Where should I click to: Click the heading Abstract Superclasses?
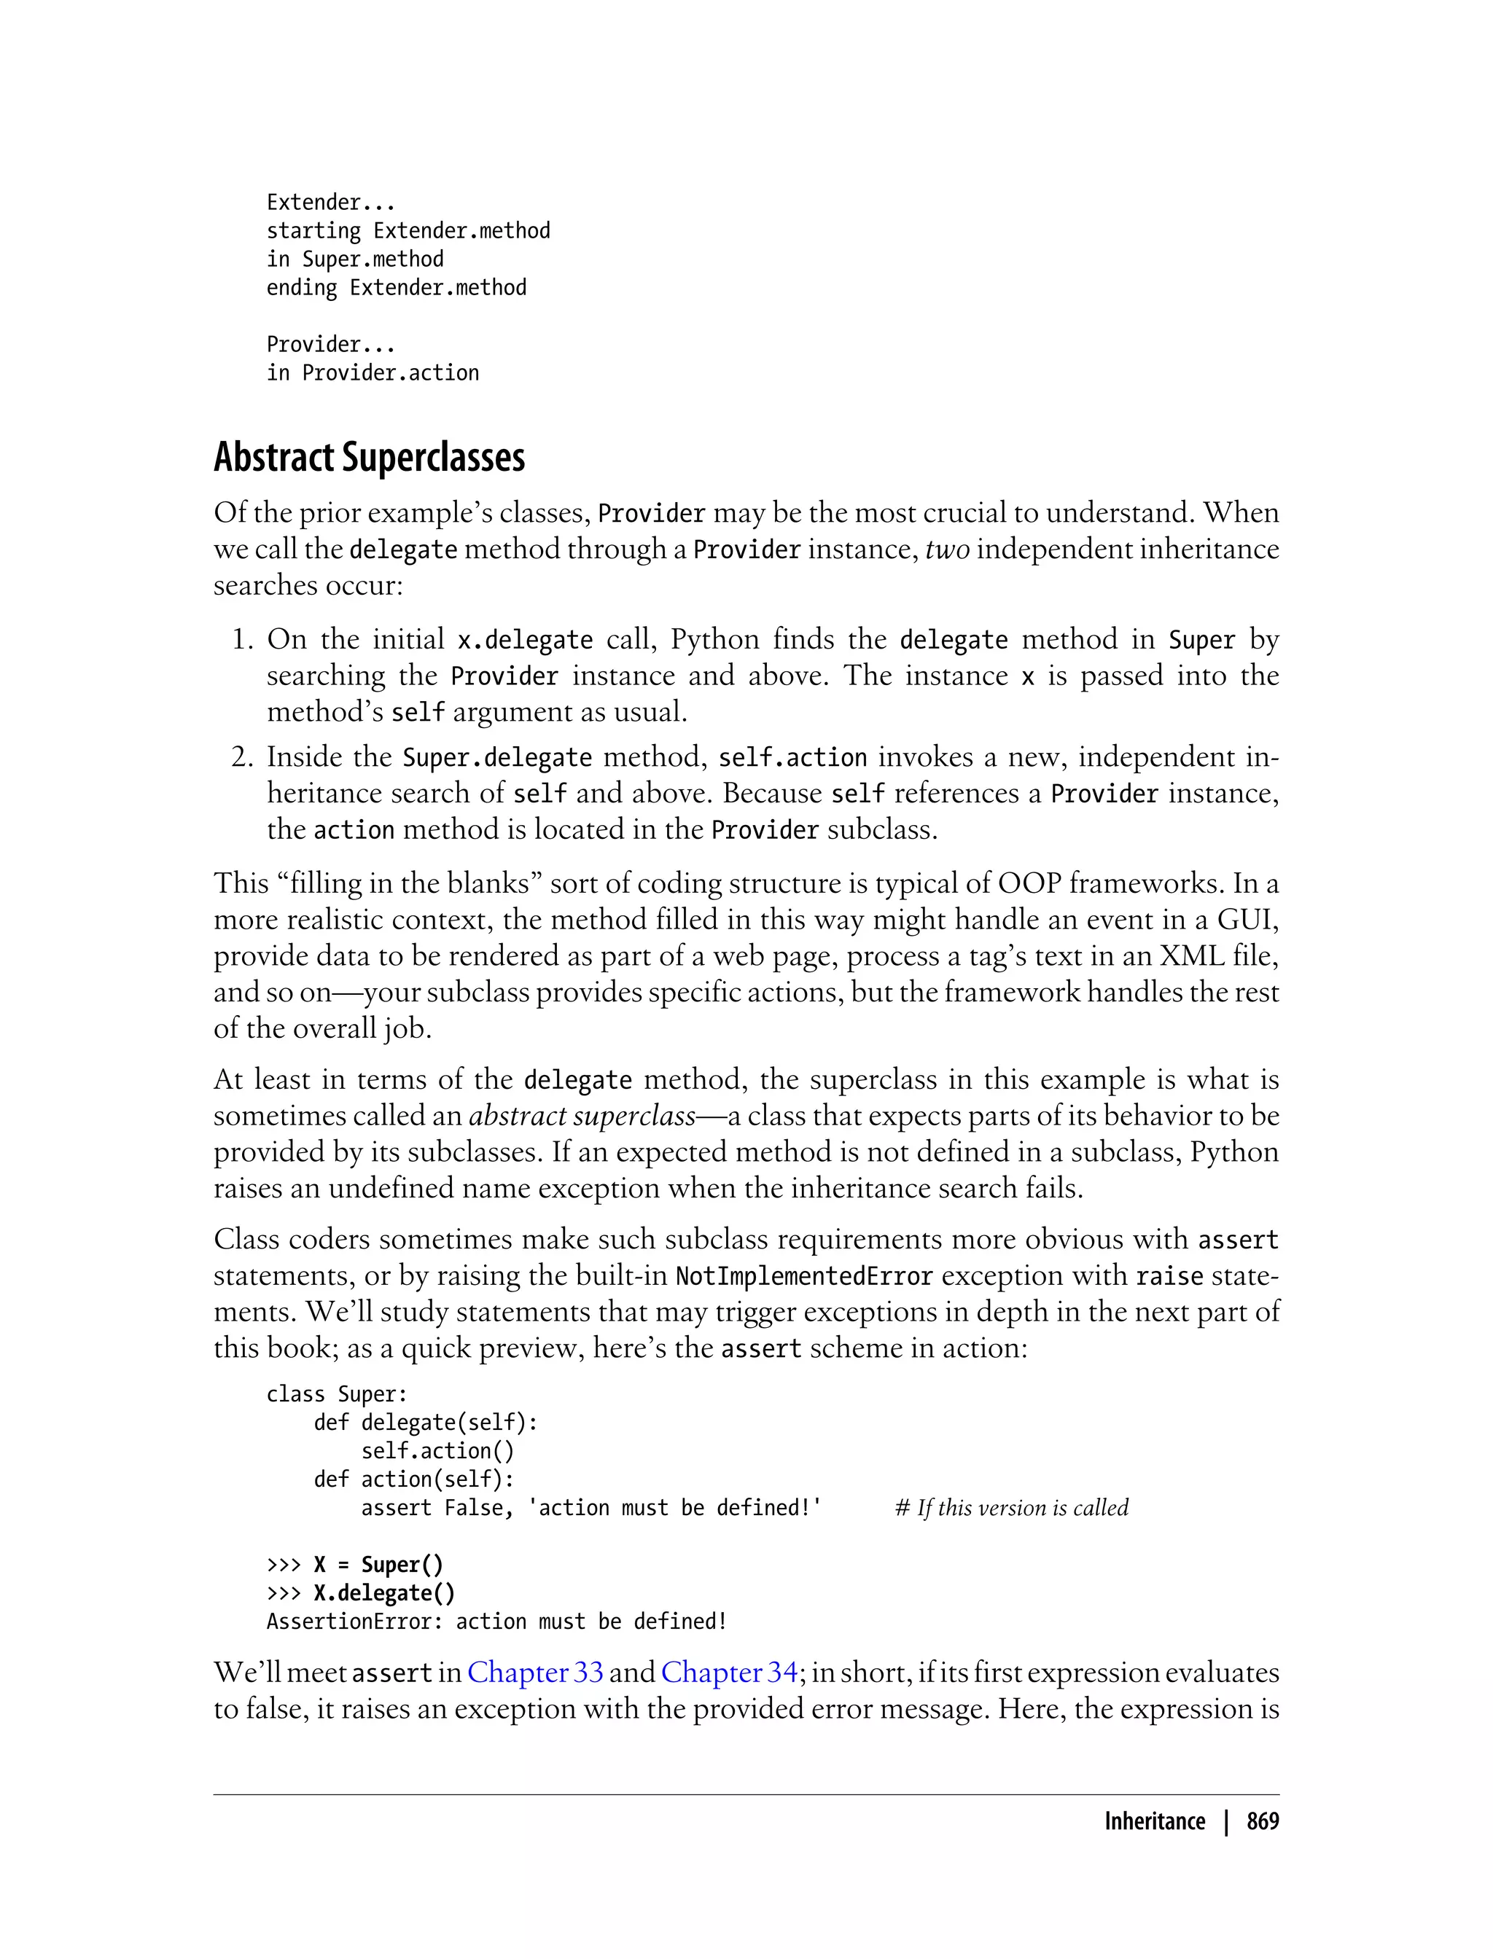click(369, 458)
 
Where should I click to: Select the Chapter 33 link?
click(535, 1673)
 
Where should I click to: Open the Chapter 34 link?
click(729, 1673)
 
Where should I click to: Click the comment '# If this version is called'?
click(1011, 1508)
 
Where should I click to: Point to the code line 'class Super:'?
click(337, 1394)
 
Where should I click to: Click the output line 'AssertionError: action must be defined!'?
click(496, 1622)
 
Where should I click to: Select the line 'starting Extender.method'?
click(408, 231)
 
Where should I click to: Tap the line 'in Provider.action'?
click(373, 373)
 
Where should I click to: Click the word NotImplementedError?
click(803, 1277)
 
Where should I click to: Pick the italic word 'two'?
click(946, 549)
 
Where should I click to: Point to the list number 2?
click(243, 757)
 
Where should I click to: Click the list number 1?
click(243, 640)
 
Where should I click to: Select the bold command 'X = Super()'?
click(378, 1565)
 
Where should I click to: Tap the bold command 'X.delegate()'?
click(384, 1593)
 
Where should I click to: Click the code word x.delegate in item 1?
click(524, 641)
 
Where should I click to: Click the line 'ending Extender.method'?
click(397, 288)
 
